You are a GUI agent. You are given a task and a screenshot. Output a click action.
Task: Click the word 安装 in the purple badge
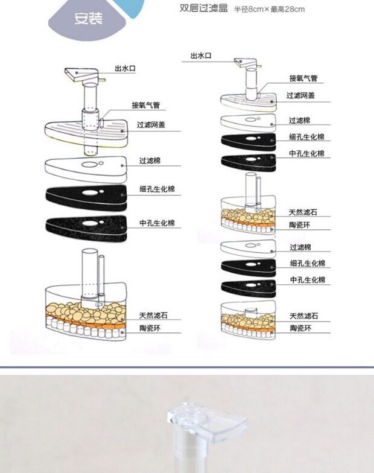pos(87,19)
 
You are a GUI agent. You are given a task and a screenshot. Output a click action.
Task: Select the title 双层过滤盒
pos(203,8)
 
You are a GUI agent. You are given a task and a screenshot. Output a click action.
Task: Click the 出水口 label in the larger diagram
pos(125,68)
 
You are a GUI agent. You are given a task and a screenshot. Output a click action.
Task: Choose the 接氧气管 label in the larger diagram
pos(145,105)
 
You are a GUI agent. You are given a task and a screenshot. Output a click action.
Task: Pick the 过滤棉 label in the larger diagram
pos(149,161)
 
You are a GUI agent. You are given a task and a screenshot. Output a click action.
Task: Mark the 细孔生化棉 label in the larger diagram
pos(156,189)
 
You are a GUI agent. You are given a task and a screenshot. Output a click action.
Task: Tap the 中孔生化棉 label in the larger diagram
pos(156,223)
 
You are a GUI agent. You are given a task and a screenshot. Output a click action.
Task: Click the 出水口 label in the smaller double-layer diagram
pos(201,56)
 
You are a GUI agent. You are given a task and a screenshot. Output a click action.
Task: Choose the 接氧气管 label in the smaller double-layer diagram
pos(303,78)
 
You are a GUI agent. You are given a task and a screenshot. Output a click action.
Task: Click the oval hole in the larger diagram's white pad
pos(89,163)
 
